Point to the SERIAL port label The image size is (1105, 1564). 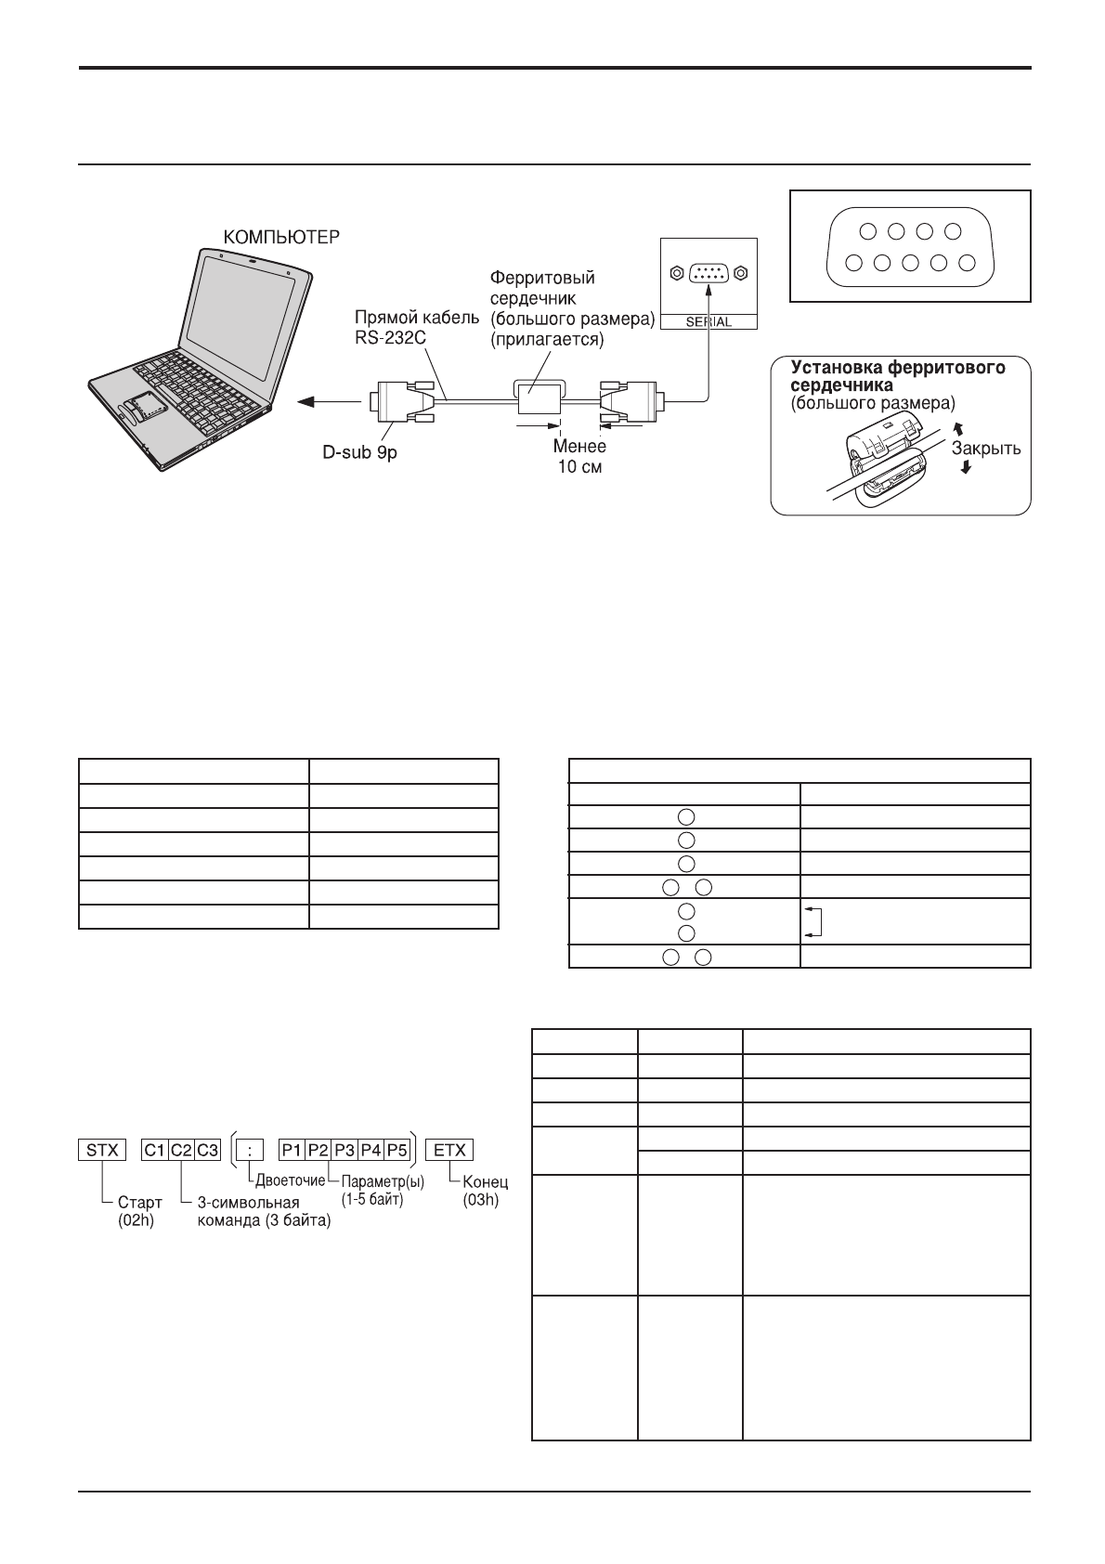708,321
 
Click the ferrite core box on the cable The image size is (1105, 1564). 539,397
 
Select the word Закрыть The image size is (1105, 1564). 986,449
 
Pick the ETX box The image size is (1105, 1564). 450,1150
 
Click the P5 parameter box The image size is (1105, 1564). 397,1150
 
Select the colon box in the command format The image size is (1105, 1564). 250,1150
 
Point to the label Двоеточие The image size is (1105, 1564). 291,1180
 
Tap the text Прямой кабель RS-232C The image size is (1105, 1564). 417,327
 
